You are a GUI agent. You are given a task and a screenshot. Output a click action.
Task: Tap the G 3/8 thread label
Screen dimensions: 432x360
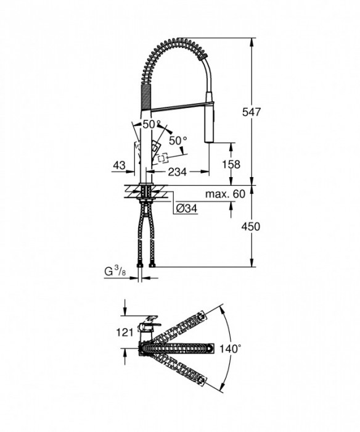pyautogui.click(x=115, y=272)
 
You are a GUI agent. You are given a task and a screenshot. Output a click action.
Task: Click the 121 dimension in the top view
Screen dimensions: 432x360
pyautogui.click(x=125, y=333)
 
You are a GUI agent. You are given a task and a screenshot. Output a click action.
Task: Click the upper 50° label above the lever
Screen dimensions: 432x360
pyautogui.click(x=150, y=124)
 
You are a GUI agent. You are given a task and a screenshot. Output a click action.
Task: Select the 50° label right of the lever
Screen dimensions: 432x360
pyautogui.click(x=178, y=140)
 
